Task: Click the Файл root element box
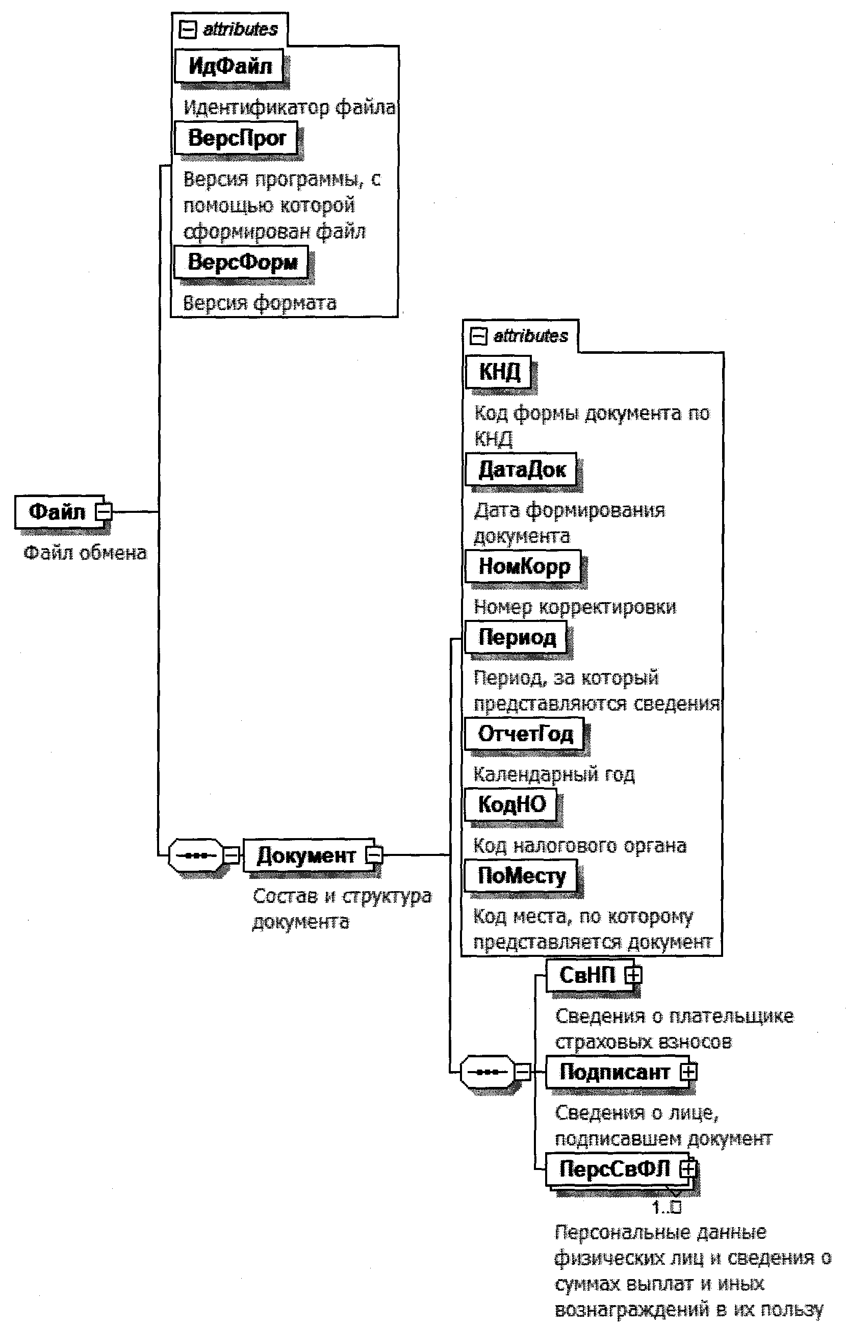(x=57, y=511)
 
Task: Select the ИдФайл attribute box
(x=229, y=66)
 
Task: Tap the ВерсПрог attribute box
(x=237, y=138)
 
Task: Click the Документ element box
(x=306, y=855)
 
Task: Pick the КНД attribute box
(x=499, y=372)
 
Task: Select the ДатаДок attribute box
(x=521, y=470)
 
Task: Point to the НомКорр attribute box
(x=524, y=566)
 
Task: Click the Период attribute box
(x=517, y=637)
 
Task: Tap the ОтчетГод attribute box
(x=525, y=734)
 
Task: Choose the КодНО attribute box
(x=511, y=804)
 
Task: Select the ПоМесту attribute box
(x=521, y=876)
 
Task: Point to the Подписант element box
(x=614, y=1072)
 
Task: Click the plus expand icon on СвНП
(x=633, y=975)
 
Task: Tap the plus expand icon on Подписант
(x=688, y=1072)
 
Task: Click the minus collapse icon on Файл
(x=104, y=512)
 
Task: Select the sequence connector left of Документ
(x=196, y=855)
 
